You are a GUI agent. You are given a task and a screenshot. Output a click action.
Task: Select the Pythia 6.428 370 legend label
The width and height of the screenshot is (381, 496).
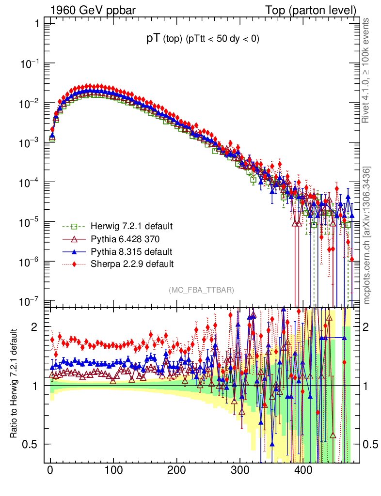click(x=126, y=239)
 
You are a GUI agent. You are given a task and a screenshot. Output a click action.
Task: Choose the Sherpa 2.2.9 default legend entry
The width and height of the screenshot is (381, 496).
click(x=129, y=264)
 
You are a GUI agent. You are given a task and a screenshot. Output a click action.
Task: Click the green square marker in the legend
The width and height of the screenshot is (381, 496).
click(x=74, y=226)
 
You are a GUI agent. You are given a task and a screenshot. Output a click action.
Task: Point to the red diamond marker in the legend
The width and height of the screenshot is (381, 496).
click(x=74, y=264)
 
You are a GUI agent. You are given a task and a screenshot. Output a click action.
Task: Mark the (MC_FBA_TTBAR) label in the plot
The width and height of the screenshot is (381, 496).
click(x=202, y=290)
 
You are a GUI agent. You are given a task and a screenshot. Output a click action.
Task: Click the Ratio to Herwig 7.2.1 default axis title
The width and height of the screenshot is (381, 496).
click(x=15, y=384)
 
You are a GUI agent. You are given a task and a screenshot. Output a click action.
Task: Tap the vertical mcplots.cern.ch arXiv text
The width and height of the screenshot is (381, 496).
click(x=367, y=235)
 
